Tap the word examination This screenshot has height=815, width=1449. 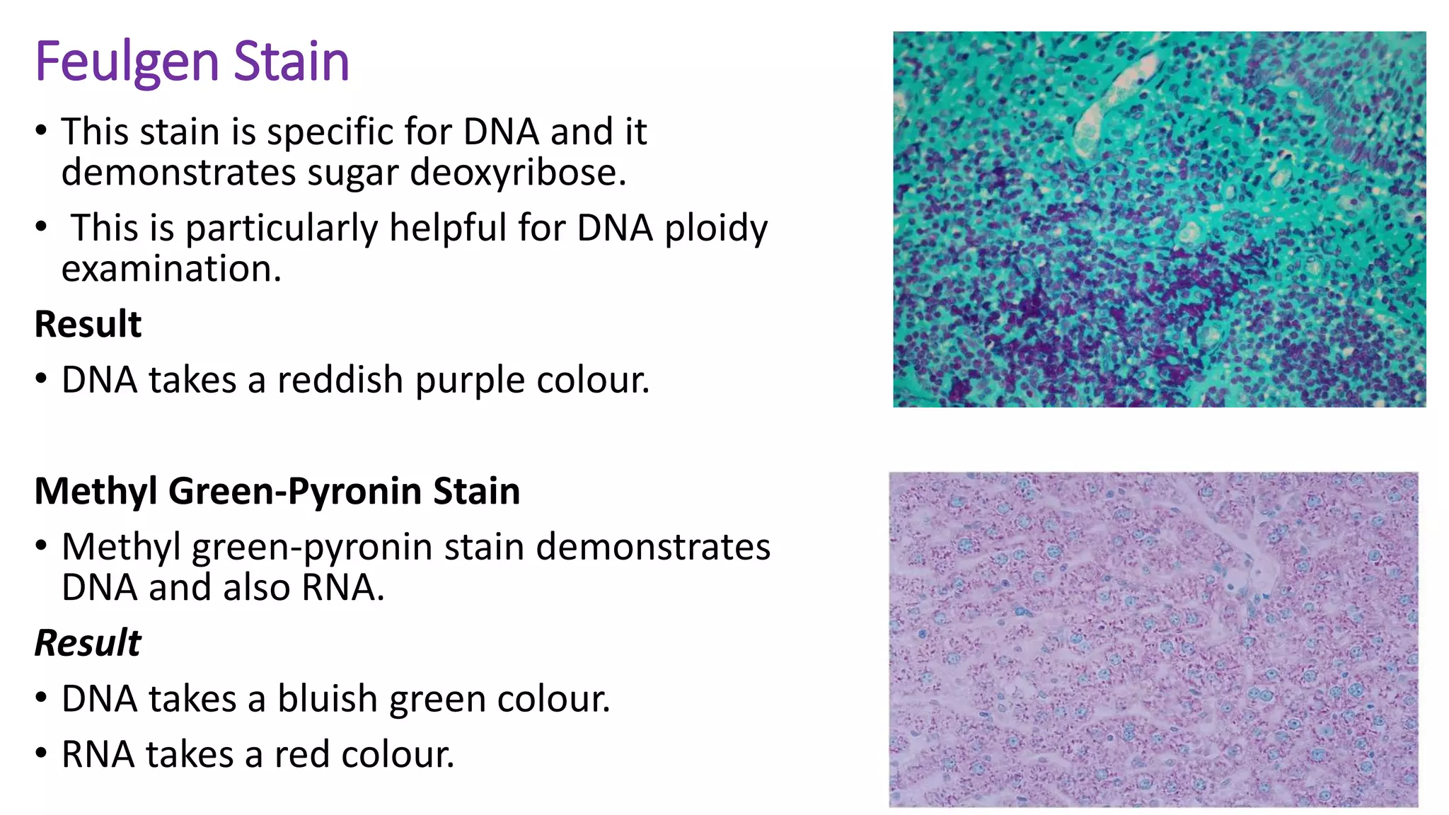(x=171, y=269)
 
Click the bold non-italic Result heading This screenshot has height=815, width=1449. (x=88, y=324)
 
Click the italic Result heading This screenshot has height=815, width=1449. (x=88, y=642)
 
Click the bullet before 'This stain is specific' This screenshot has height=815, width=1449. (x=42, y=131)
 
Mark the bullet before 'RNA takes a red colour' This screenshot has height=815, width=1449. (x=42, y=753)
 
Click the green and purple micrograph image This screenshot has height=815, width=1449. (x=1159, y=219)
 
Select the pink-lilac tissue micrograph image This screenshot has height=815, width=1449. (x=1153, y=640)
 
